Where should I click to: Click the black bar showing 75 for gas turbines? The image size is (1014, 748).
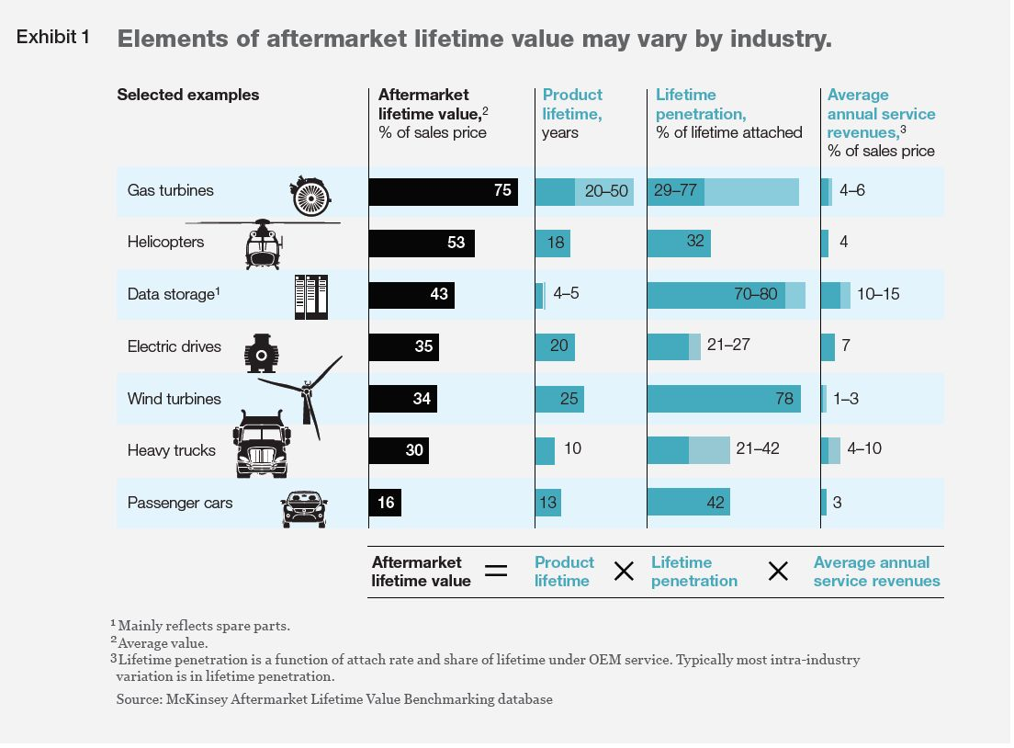coord(443,191)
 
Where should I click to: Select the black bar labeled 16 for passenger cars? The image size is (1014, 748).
coord(385,503)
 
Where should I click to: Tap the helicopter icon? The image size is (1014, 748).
coord(263,244)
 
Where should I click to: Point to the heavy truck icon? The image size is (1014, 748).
coord(262,446)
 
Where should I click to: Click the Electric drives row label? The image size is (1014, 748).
coord(175,346)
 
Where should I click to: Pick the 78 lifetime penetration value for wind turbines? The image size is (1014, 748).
coord(784,398)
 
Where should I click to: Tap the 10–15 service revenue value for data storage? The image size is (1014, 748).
coord(878,294)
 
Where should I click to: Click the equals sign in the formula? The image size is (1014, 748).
coord(496,572)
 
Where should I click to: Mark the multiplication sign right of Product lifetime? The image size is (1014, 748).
coord(624,572)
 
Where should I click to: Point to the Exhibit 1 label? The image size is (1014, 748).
coord(53,38)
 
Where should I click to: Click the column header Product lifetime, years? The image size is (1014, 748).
coord(572,113)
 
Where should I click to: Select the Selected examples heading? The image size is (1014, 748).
coord(188,95)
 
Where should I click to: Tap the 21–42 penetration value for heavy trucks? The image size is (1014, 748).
coord(758,449)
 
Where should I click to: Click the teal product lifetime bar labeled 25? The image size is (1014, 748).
coord(558,399)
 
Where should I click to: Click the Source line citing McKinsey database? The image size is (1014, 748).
coord(334,699)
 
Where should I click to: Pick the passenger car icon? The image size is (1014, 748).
coord(303,508)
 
